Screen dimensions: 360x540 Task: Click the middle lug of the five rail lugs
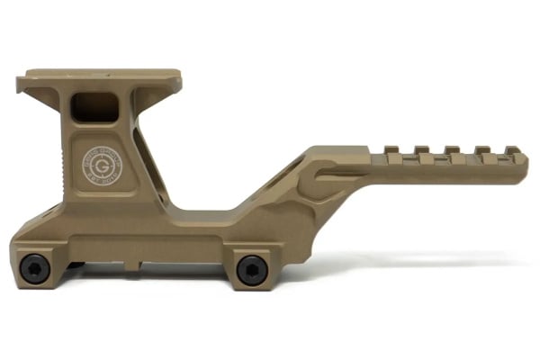click(x=450, y=150)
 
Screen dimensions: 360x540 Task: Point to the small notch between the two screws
click(x=133, y=264)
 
